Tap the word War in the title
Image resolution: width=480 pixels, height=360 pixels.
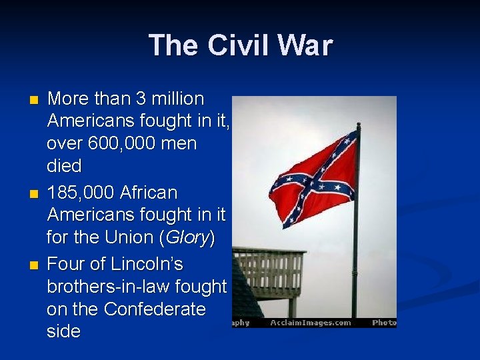point(303,46)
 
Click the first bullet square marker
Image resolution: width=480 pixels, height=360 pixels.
point(35,100)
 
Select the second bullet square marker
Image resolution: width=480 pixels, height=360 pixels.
point(35,193)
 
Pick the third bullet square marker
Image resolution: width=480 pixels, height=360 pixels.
point(35,265)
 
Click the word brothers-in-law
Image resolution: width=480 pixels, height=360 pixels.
point(108,287)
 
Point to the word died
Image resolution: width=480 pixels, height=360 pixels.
point(64,166)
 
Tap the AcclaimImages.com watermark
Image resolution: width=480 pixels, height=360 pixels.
point(311,323)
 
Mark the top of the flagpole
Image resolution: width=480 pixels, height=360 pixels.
point(358,125)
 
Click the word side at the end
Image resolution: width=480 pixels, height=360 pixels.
point(63,332)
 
